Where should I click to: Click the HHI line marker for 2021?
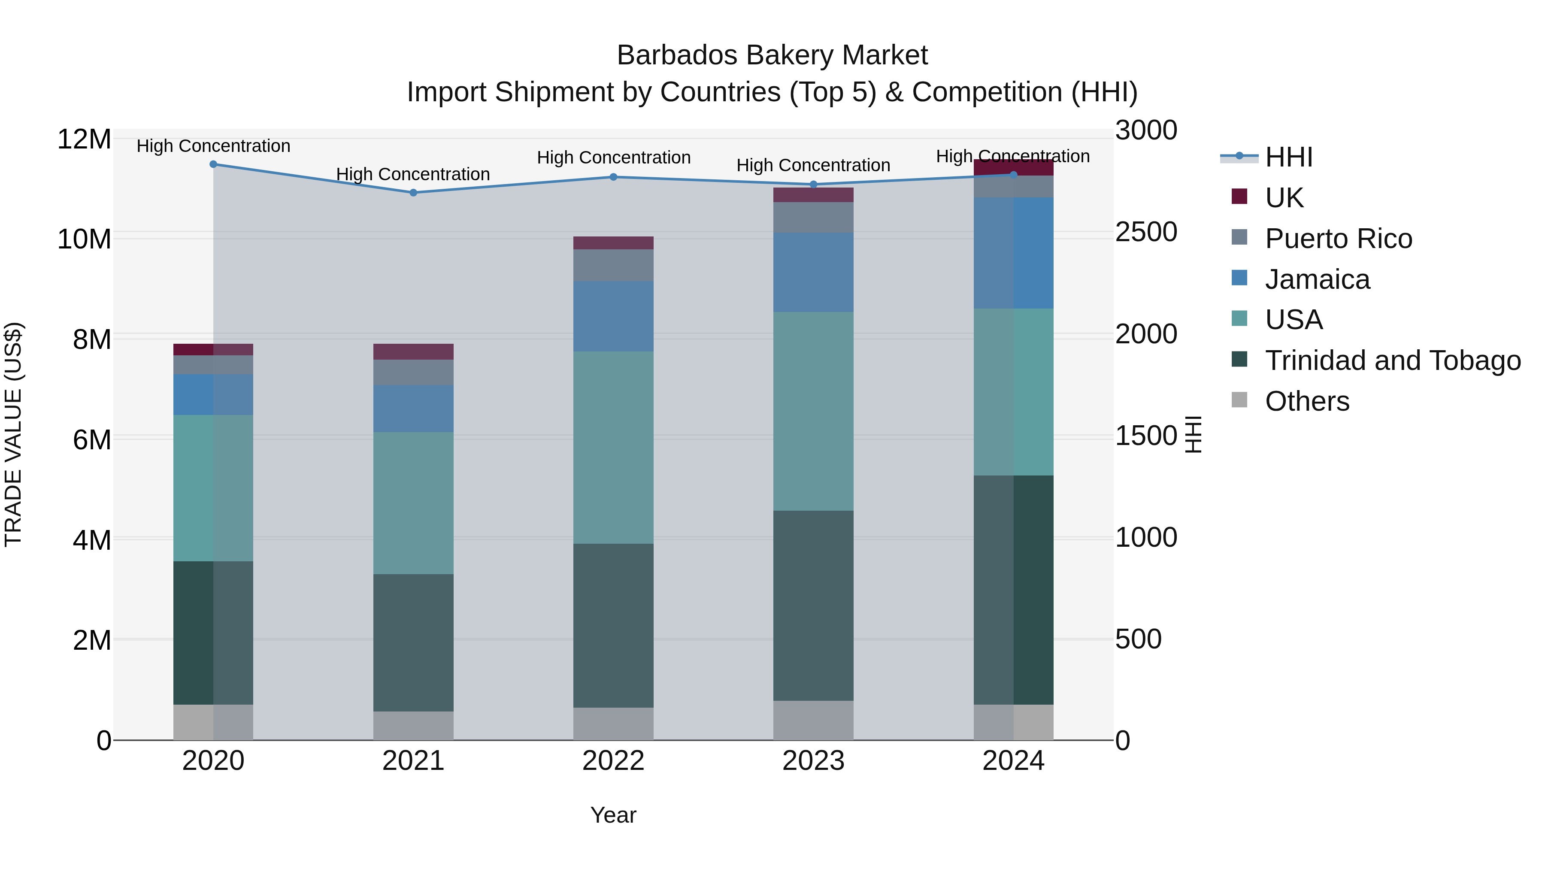pyautogui.click(x=413, y=193)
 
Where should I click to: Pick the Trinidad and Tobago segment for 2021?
pyautogui.click(x=413, y=642)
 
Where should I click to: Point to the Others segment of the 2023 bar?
pyautogui.click(x=813, y=720)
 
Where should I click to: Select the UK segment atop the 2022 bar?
pyautogui.click(x=613, y=243)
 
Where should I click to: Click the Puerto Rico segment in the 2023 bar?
pyautogui.click(x=813, y=217)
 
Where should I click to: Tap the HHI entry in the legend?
pyautogui.click(x=1288, y=157)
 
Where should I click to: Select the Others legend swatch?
pyautogui.click(x=1239, y=400)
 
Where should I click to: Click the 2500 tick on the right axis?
pyautogui.click(x=1145, y=232)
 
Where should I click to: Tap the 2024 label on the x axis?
pyautogui.click(x=1013, y=761)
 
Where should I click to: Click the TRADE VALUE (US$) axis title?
pyautogui.click(x=13, y=434)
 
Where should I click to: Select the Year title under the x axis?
pyautogui.click(x=613, y=815)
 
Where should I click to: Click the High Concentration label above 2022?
pyautogui.click(x=613, y=158)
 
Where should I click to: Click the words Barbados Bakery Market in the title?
pyautogui.click(x=772, y=55)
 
